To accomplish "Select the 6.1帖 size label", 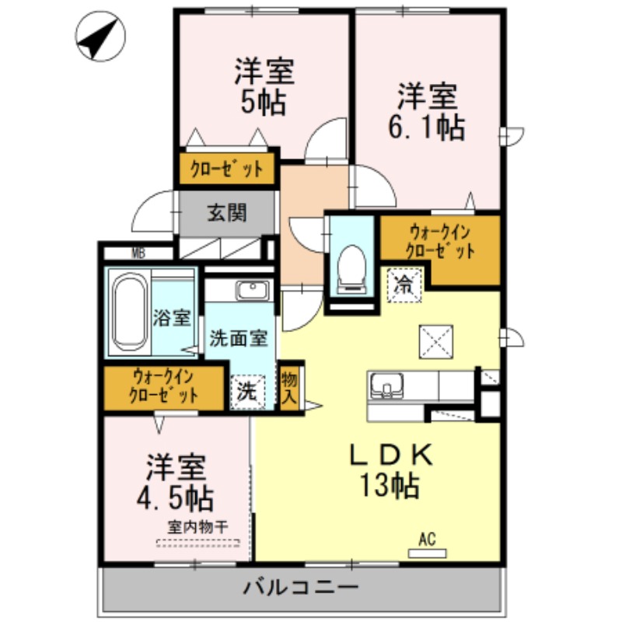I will pos(426,127).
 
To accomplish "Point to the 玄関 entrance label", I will pos(226,211).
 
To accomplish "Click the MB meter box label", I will pos(138,252).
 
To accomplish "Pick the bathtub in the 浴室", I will pos(128,312).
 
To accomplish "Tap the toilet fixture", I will pos(352,269).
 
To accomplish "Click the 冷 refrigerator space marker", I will pos(404,283).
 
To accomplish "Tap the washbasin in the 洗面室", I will pos(252,292).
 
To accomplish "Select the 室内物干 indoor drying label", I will pos(197,527).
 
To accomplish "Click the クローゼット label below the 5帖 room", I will pos(227,169).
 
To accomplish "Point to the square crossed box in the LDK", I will pos(435,339).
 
